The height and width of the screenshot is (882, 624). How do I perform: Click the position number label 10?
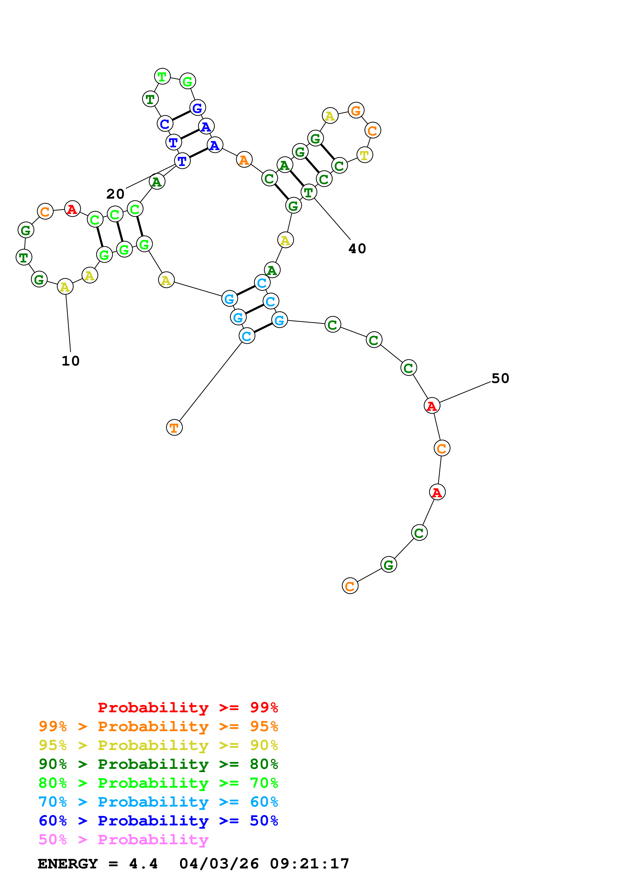(71, 361)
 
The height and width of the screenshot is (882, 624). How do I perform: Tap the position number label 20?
(115, 194)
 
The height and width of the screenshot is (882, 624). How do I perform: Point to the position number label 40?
(357, 249)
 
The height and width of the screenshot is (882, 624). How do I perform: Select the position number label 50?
(500, 378)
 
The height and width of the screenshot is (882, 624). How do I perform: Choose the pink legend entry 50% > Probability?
(123, 839)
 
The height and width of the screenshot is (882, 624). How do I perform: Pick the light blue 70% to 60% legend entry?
(158, 802)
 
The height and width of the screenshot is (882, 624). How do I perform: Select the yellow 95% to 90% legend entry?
(158, 745)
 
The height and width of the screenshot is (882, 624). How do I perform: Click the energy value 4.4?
(143, 864)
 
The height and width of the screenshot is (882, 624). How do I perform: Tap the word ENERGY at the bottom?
(68, 864)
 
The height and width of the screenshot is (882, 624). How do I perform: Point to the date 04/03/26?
(219, 864)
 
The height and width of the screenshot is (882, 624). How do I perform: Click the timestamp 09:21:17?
(310, 864)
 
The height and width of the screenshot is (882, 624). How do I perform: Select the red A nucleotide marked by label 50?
(432, 406)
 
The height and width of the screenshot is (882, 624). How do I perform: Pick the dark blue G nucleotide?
(197, 108)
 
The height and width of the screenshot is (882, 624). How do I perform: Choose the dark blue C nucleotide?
(165, 124)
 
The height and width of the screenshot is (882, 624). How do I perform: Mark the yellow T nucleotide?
(364, 155)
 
